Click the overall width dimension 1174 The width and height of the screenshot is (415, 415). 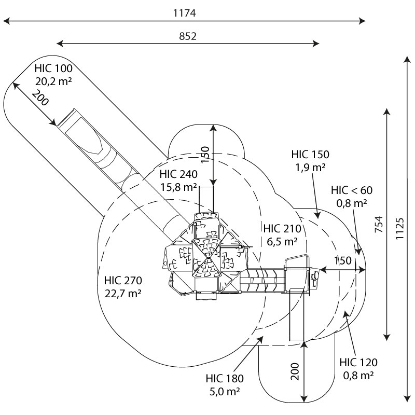point(185,13)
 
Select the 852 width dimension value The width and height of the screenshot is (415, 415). point(188,36)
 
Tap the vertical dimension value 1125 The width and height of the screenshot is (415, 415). point(399,229)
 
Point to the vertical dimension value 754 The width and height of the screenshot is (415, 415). point(379,225)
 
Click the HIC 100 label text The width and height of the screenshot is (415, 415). point(53,68)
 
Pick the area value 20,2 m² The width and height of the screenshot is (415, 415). point(53,81)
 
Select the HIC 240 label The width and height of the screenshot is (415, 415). point(178,174)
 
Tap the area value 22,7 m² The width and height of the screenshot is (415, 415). point(123,294)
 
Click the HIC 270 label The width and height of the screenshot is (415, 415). point(123,280)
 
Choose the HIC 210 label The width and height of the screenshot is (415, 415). point(282,228)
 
